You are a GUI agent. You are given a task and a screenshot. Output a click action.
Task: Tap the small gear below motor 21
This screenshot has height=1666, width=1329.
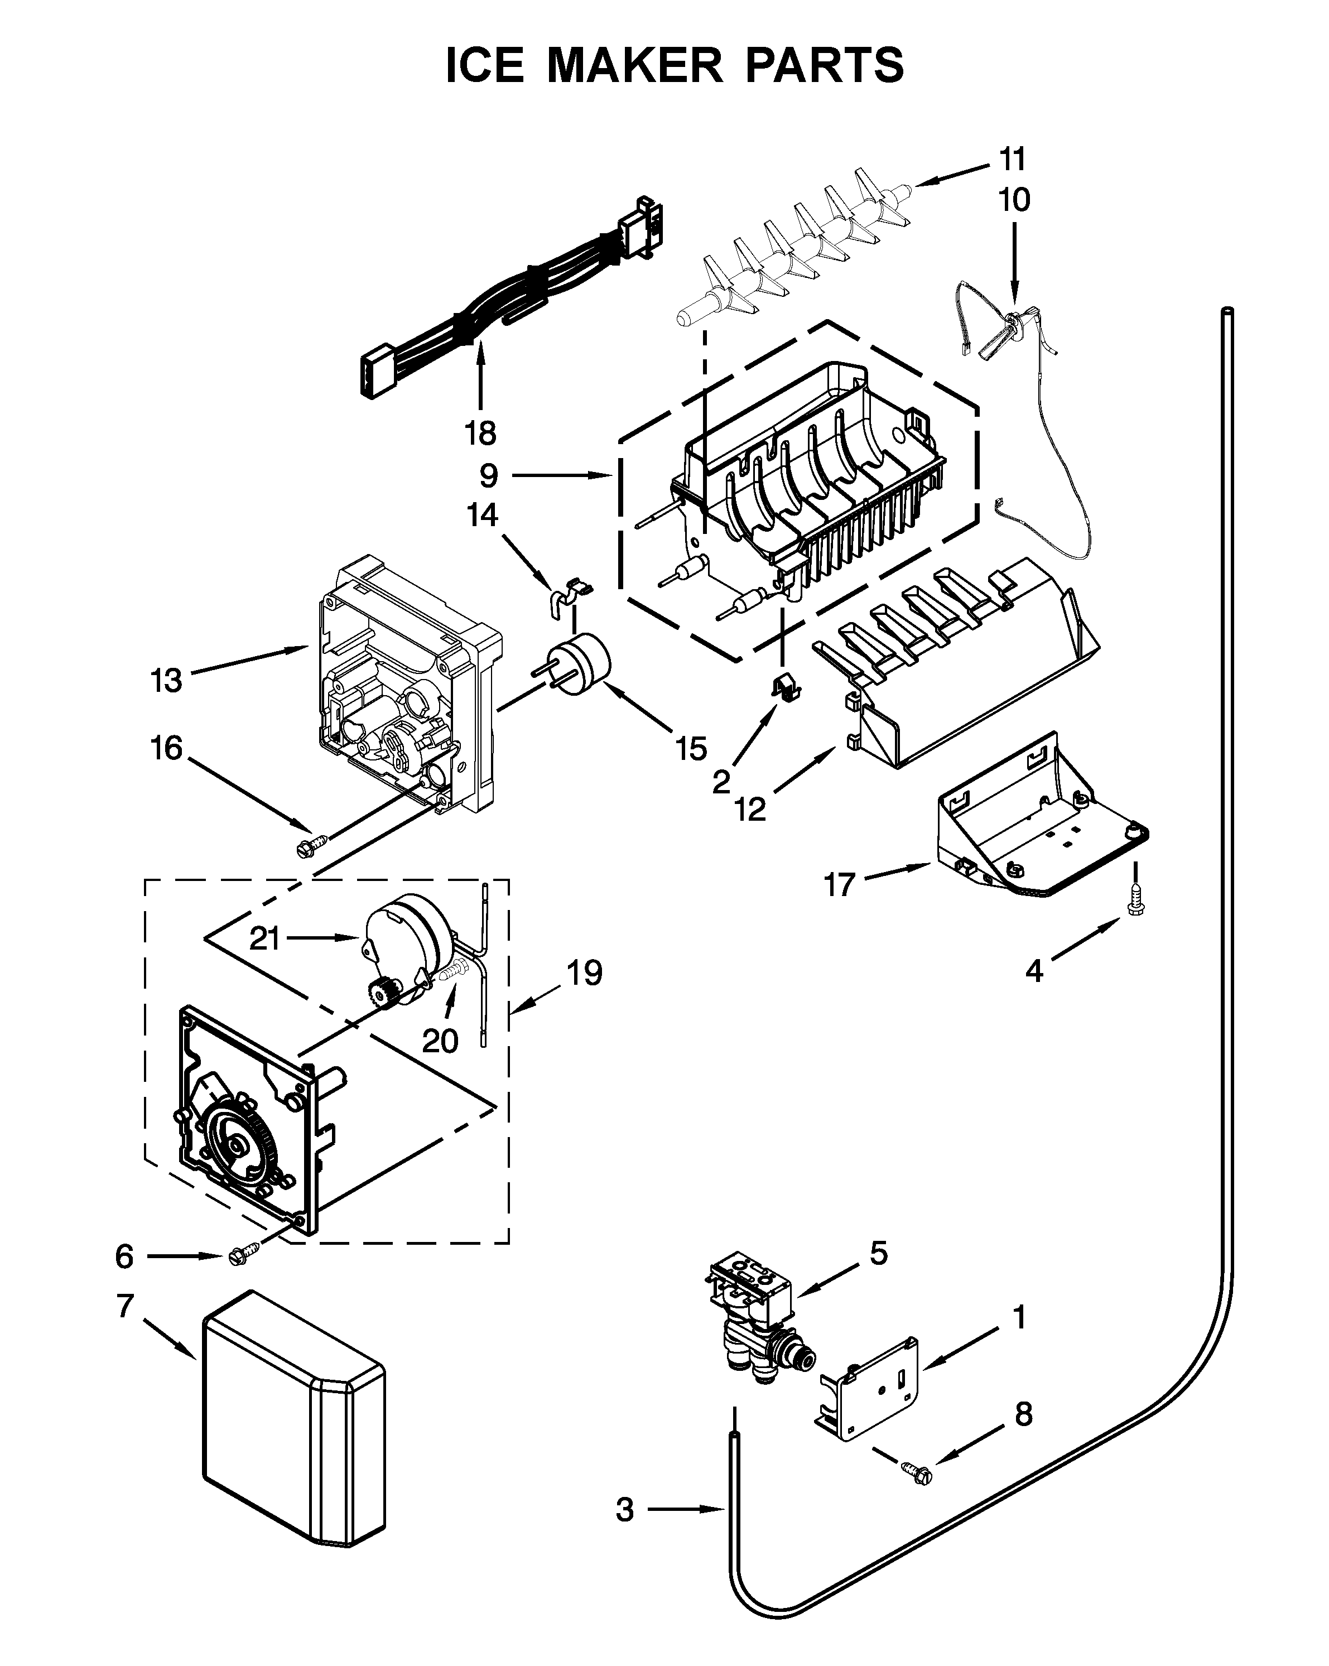(384, 992)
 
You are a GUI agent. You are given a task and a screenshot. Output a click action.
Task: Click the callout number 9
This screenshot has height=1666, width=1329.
(488, 476)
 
